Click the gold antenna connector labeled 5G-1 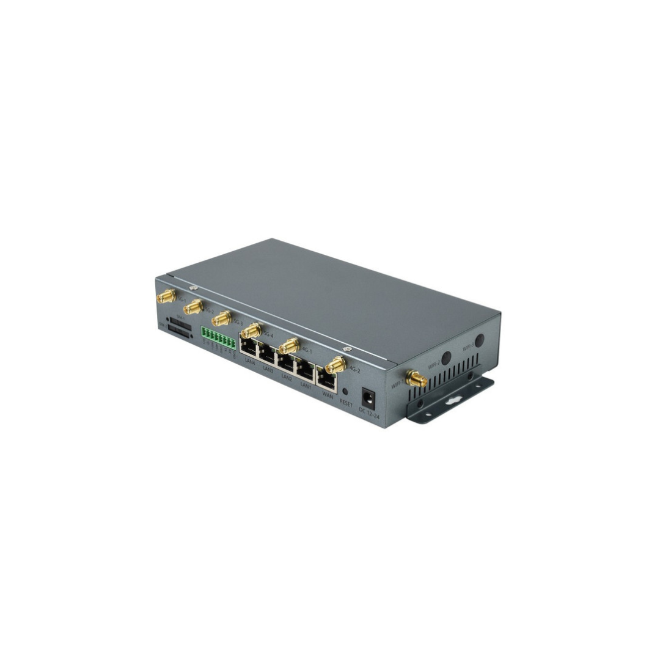pyautogui.click(x=165, y=297)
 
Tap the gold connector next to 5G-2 pyautogui.click(x=193, y=307)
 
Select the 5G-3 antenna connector pyautogui.click(x=221, y=318)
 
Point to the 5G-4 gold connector pyautogui.click(x=250, y=331)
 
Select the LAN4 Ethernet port pyautogui.click(x=249, y=350)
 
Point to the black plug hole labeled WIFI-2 pyautogui.click(x=447, y=358)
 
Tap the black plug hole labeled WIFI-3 pyautogui.click(x=480, y=340)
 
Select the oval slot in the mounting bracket pyautogui.click(x=453, y=401)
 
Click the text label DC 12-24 pyautogui.click(x=369, y=413)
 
